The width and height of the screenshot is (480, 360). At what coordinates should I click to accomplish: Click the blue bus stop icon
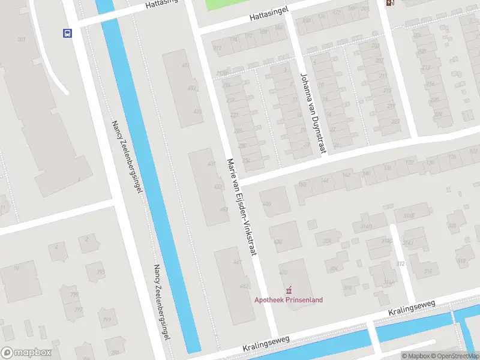click(67, 33)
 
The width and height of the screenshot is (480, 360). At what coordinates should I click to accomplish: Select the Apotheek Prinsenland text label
click(289, 300)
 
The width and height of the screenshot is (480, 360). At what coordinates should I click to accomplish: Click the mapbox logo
click(26, 353)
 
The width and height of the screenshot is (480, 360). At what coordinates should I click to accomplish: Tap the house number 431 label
click(211, 164)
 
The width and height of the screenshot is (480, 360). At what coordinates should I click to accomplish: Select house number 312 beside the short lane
click(400, 263)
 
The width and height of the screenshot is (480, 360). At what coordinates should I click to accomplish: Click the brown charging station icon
click(391, 3)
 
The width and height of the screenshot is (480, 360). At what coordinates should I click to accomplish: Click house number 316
click(428, 271)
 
